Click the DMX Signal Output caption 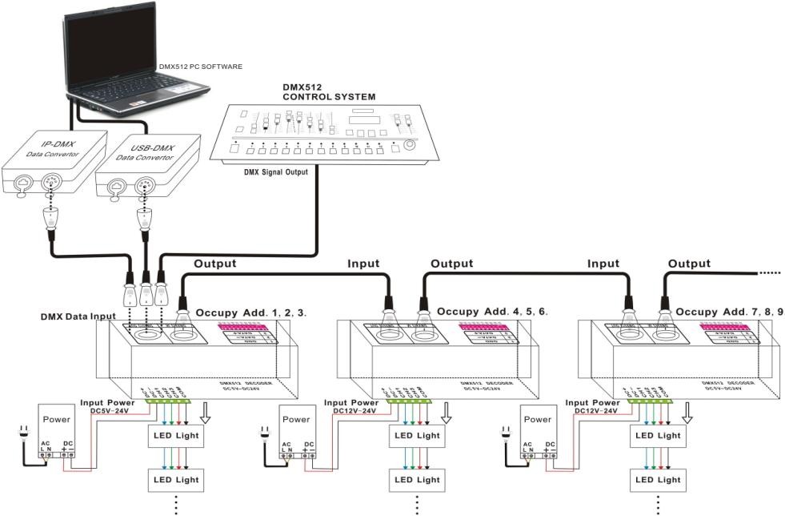(276, 171)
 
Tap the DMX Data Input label (78, 316)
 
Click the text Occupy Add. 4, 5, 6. (492, 310)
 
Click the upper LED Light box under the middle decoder (417, 436)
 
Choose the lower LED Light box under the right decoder (658, 480)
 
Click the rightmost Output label (689, 264)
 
